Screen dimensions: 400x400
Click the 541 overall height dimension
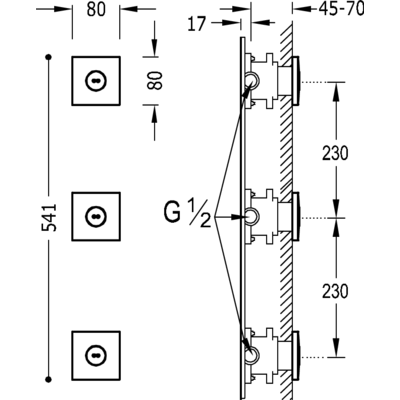pyautogui.click(x=49, y=217)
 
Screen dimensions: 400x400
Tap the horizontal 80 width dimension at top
pyautogui.click(x=96, y=10)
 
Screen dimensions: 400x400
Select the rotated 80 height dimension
pyautogui.click(x=154, y=80)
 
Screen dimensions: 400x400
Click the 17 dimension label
pyautogui.click(x=197, y=24)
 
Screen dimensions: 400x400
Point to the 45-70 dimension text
pyautogui.click(x=341, y=9)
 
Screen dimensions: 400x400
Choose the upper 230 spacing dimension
pyautogui.click(x=335, y=153)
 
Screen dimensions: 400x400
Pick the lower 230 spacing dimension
pyautogui.click(x=335, y=291)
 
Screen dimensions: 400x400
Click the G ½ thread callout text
pyautogui.click(x=187, y=213)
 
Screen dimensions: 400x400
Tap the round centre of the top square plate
pyautogui.click(x=96, y=81)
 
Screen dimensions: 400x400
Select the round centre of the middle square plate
pyautogui.click(x=96, y=217)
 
